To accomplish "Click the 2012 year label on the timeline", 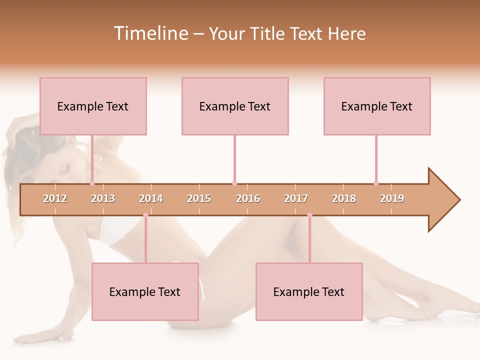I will pos(55,198).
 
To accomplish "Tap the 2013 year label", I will pos(103,198).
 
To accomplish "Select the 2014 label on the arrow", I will pos(151,198).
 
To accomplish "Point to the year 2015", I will pos(199,198).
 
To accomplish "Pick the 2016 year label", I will pos(248,198).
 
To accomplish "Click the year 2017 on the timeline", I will pos(296,198).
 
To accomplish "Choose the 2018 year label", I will pos(344,198).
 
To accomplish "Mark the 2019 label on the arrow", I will pos(392,198).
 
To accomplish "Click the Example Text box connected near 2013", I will pos(93,106).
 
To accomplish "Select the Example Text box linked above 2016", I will pos(235,106).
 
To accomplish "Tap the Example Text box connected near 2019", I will pos(377,106).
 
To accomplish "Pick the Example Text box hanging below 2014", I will pos(145,292).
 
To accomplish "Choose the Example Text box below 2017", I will pos(309,292).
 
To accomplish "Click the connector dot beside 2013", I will pos(92,183).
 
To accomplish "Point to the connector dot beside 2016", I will pos(234,183).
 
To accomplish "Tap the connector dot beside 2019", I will pos(376,183).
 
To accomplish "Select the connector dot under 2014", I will pos(145,215).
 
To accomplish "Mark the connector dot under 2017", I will pos(309,215).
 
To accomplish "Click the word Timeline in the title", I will pos(150,33).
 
